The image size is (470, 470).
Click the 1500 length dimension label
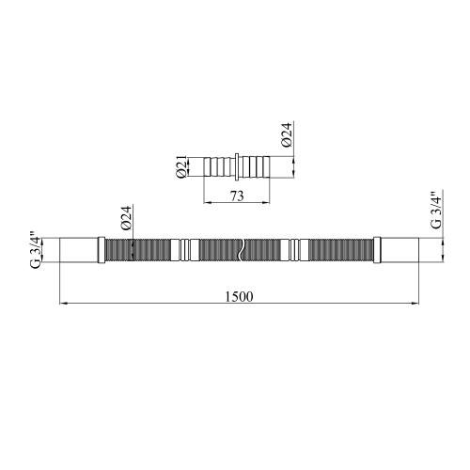(x=239, y=296)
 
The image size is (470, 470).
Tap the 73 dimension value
(x=237, y=196)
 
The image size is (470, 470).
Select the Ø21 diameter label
(x=181, y=166)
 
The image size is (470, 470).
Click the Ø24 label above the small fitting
(x=287, y=134)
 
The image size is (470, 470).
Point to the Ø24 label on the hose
(x=126, y=218)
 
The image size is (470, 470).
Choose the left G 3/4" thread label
(x=35, y=250)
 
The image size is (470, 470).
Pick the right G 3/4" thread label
(x=436, y=211)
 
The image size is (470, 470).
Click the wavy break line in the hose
(x=241, y=250)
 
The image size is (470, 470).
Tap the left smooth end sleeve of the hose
(x=79, y=250)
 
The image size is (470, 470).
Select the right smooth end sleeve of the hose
(x=399, y=250)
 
